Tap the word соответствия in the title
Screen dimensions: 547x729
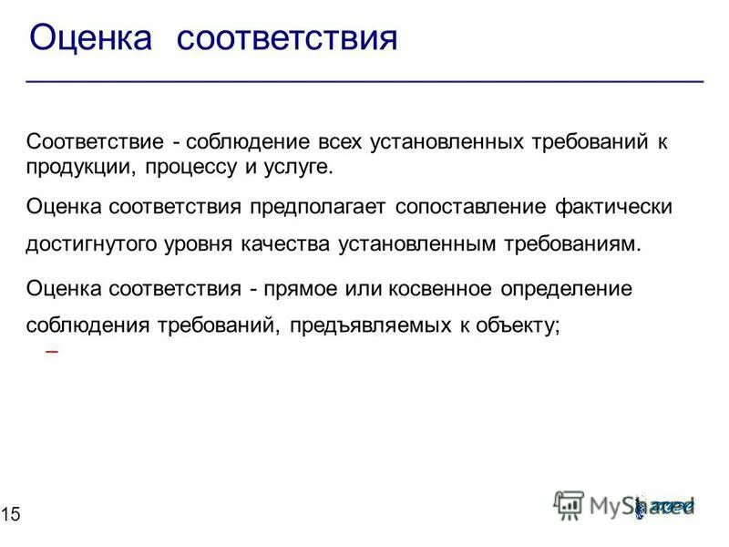[x=286, y=39]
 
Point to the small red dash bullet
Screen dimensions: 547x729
[x=51, y=351]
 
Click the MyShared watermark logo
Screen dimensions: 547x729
[x=625, y=504]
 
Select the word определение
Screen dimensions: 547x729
[x=573, y=289]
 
